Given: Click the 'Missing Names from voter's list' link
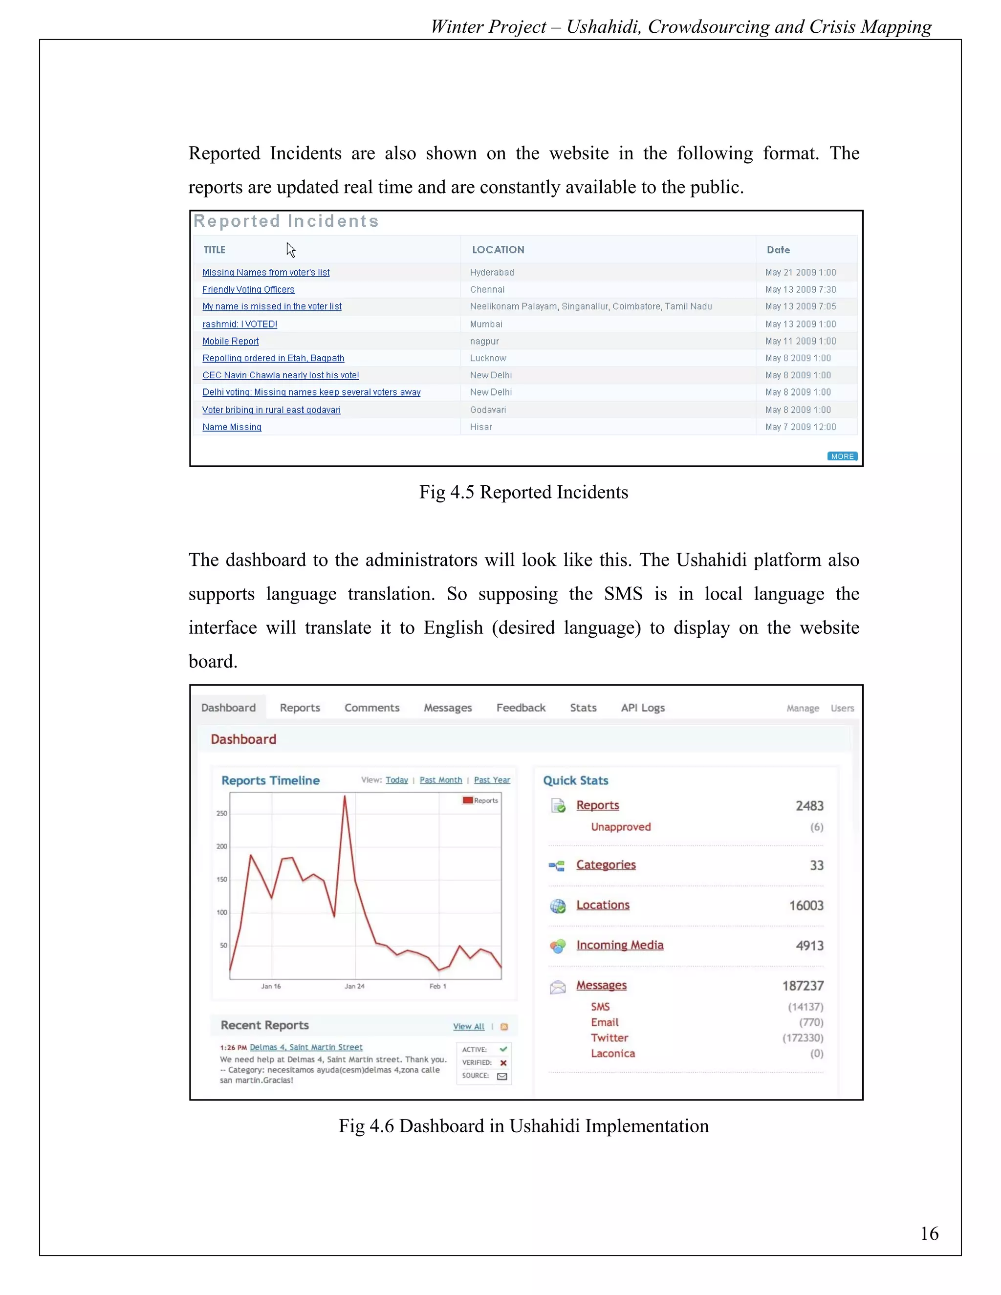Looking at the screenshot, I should [x=266, y=273].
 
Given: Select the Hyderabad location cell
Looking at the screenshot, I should [x=492, y=273].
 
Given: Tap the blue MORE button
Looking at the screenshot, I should [x=842, y=456].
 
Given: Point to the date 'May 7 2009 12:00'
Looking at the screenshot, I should [x=800, y=428].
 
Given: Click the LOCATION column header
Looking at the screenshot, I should [x=498, y=250].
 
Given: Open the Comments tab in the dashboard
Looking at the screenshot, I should [x=372, y=708].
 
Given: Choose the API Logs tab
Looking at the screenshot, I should [x=642, y=708].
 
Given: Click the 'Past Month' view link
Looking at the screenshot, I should [x=440, y=780].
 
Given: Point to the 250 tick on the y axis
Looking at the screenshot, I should [x=221, y=814].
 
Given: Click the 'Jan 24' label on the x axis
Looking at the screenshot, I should [x=355, y=987].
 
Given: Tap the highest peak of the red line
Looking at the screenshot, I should [x=345, y=798].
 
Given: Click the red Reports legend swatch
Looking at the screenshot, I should [x=467, y=800].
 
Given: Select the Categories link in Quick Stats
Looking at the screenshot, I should [x=606, y=865].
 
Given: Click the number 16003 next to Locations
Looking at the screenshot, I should [x=806, y=906].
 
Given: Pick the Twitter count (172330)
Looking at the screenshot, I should [x=803, y=1038].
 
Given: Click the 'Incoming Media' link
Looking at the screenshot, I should [x=620, y=946].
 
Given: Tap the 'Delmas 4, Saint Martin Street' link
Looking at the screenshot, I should [x=306, y=1048].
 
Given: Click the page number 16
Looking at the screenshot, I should [x=929, y=1234].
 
